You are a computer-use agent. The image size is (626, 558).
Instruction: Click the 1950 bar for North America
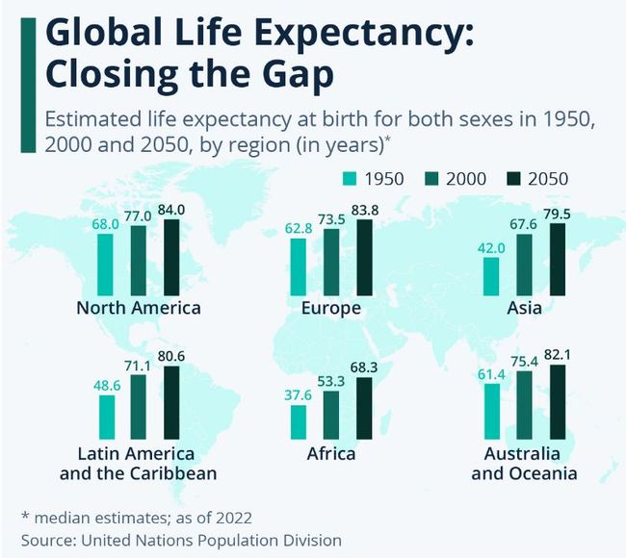click(x=106, y=263)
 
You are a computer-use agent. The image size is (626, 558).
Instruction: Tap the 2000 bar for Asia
click(x=524, y=265)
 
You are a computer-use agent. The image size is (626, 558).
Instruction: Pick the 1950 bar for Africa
click(x=299, y=420)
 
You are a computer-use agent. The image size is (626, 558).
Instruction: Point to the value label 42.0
click(x=491, y=247)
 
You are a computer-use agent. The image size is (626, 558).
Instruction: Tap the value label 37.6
click(x=299, y=395)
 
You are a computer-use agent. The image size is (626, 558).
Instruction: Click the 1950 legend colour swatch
click(x=351, y=179)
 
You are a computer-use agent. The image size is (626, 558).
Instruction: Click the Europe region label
click(x=330, y=309)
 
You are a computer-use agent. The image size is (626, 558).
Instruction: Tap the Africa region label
click(x=330, y=454)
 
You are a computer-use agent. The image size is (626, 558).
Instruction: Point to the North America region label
click(x=139, y=309)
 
